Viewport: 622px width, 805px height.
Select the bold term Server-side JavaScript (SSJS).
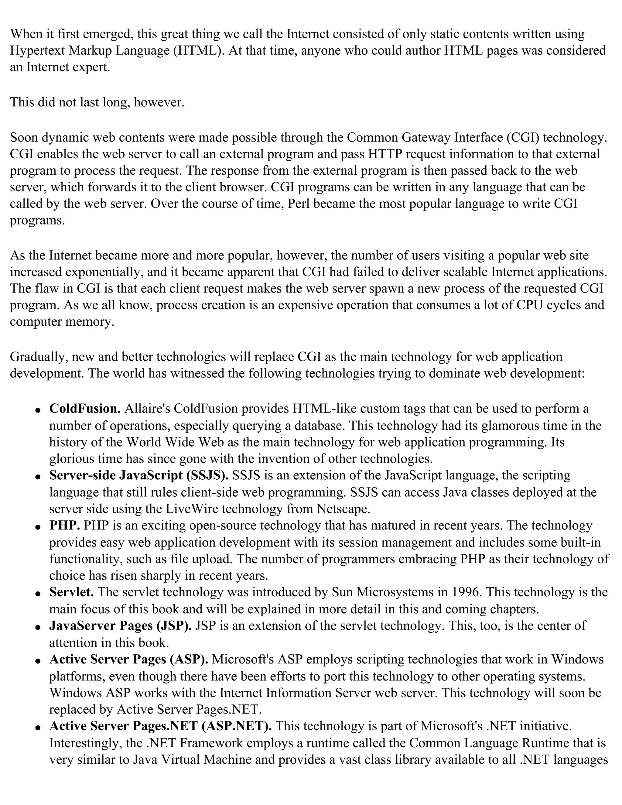138,475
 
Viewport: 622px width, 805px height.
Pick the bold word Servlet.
71,592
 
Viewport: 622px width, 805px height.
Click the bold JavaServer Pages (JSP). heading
120,625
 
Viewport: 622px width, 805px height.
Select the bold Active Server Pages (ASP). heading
128,659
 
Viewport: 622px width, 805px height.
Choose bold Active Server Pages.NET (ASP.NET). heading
160,726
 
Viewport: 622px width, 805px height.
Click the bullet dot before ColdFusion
38,410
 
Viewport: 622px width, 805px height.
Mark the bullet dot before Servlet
38,594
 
